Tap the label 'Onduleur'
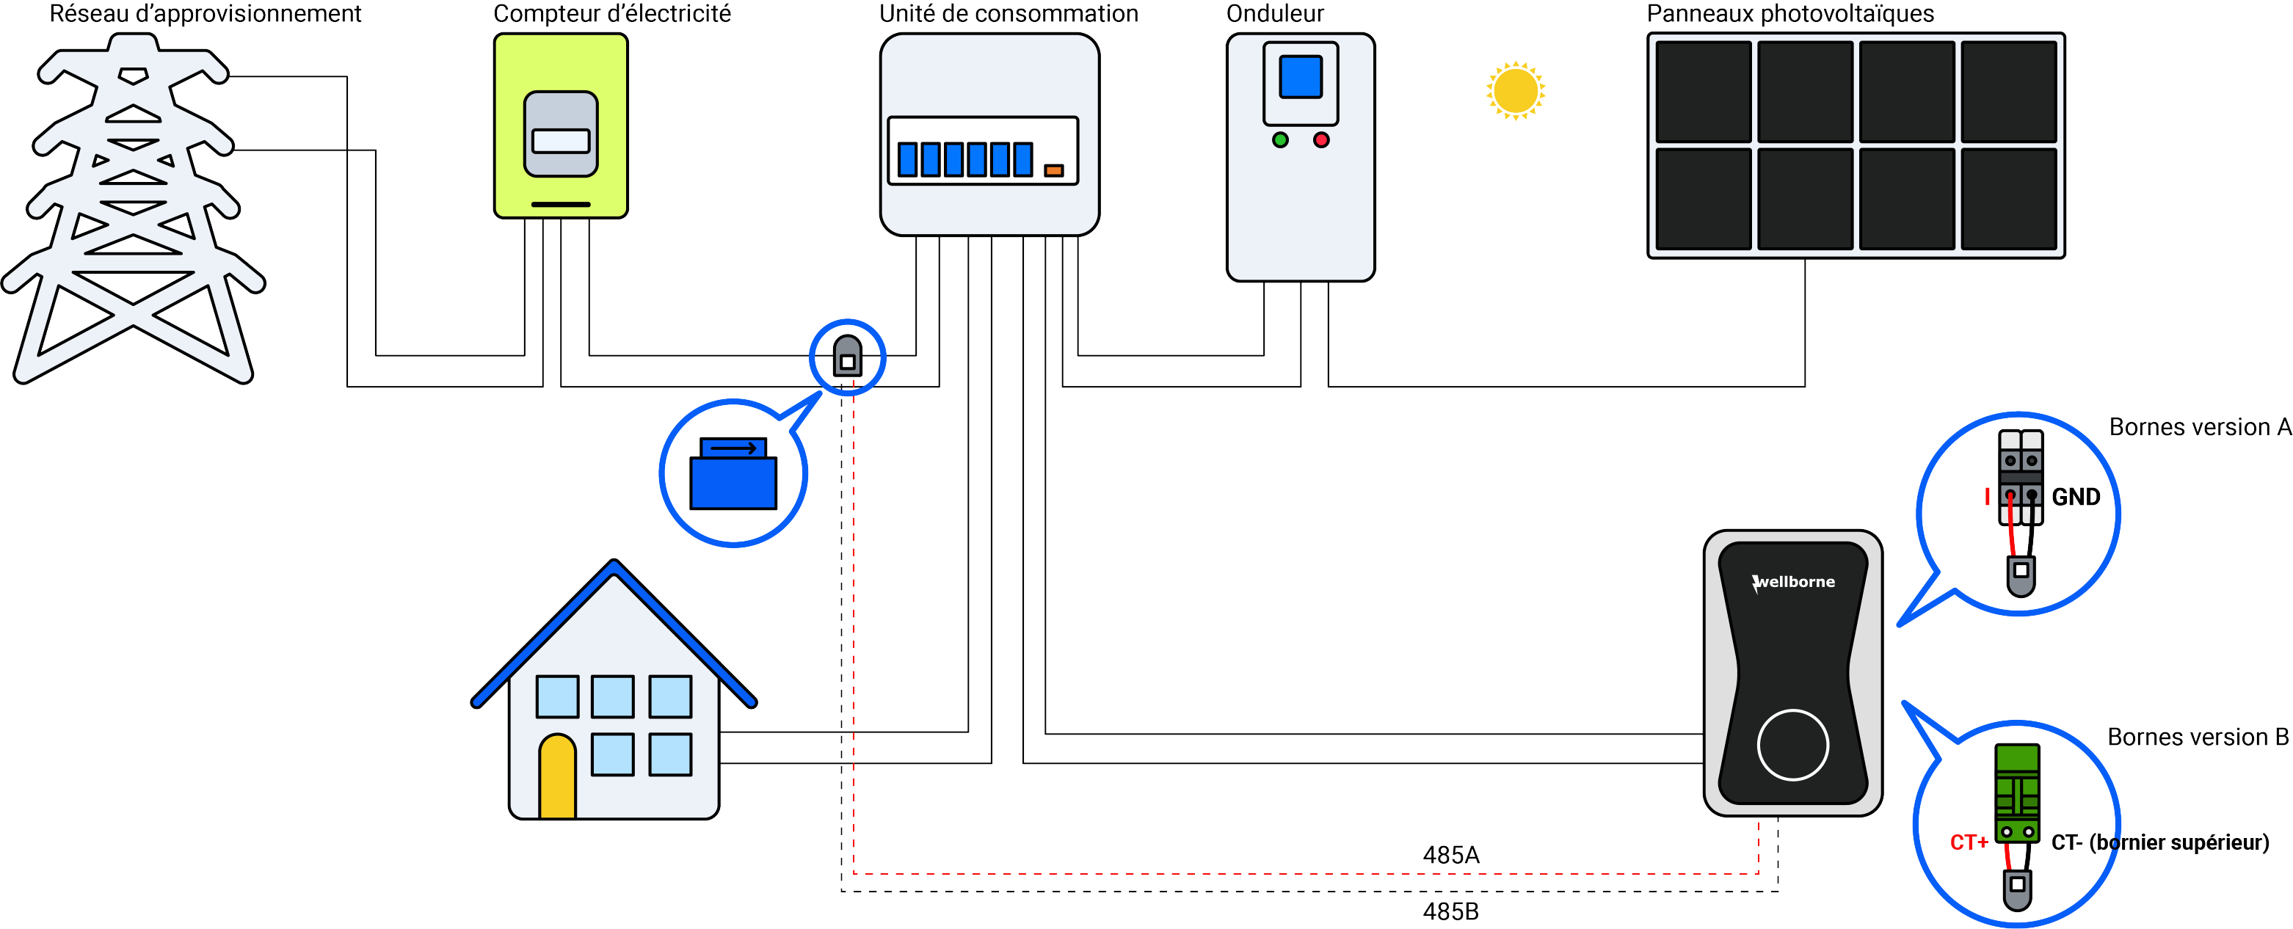[1275, 13]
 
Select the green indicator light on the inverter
[1280, 139]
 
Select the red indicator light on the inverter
[1321, 139]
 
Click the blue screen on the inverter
[1301, 76]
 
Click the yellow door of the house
[557, 776]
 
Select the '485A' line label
[1451, 855]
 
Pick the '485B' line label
[1451, 911]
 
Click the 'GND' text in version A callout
[2076, 497]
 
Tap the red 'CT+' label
[1969, 842]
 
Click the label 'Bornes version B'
[2198, 737]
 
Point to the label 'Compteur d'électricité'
[611, 13]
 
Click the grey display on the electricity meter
[561, 134]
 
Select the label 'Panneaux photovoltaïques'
[1790, 13]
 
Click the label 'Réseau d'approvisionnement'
[205, 13]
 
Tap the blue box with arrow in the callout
[733, 473]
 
